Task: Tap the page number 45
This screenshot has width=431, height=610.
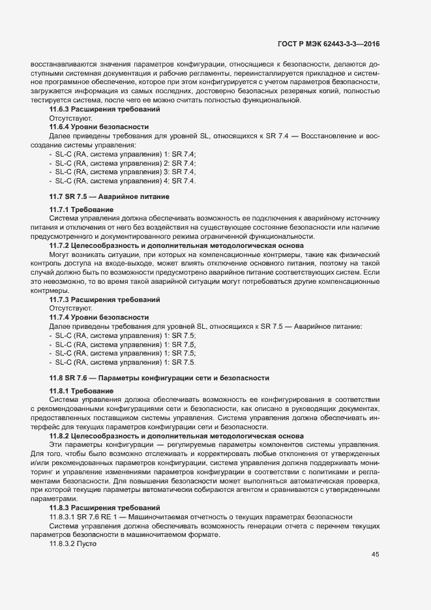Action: point(375,555)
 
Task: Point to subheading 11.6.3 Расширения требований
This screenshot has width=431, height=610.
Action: point(96,110)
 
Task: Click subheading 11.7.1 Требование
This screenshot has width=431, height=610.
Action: point(82,209)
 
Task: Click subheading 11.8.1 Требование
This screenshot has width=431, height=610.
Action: point(82,390)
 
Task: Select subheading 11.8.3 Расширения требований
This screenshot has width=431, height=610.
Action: point(96,508)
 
